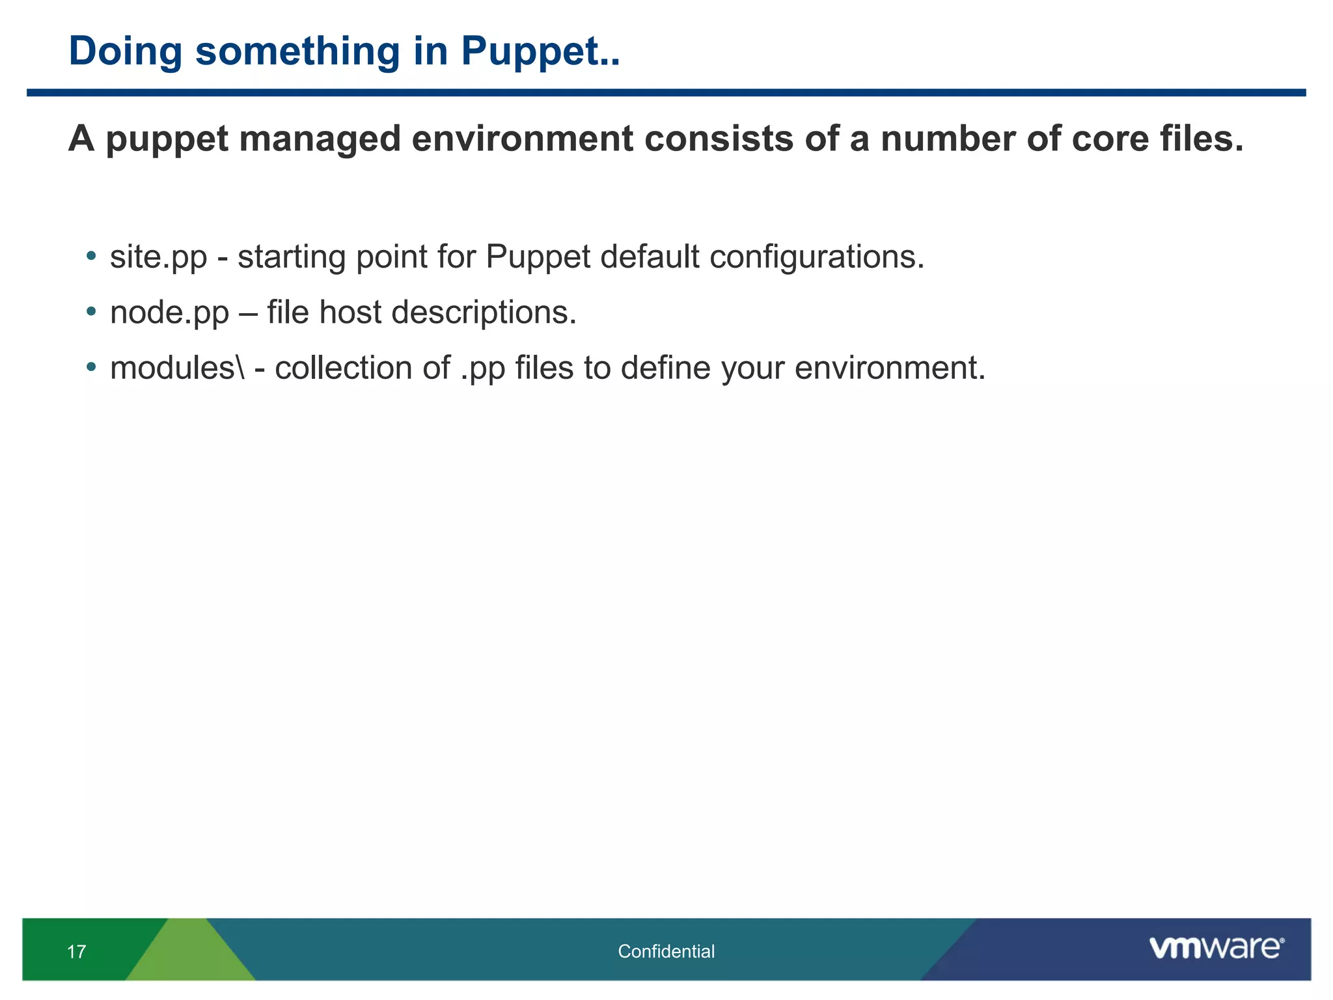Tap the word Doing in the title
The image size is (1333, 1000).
pos(124,52)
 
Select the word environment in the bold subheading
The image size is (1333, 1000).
pos(522,139)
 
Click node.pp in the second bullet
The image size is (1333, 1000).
pos(169,313)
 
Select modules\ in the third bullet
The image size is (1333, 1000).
pos(177,368)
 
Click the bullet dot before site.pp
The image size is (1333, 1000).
pos(92,256)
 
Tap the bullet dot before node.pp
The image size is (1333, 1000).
pos(92,311)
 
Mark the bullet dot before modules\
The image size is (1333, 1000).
pos(92,367)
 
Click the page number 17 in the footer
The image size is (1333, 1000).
pos(76,952)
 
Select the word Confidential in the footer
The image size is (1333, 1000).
pos(666,952)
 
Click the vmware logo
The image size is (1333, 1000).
pos(1215,948)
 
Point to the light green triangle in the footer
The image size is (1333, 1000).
pos(190,957)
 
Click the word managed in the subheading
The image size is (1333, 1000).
pos(319,139)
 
